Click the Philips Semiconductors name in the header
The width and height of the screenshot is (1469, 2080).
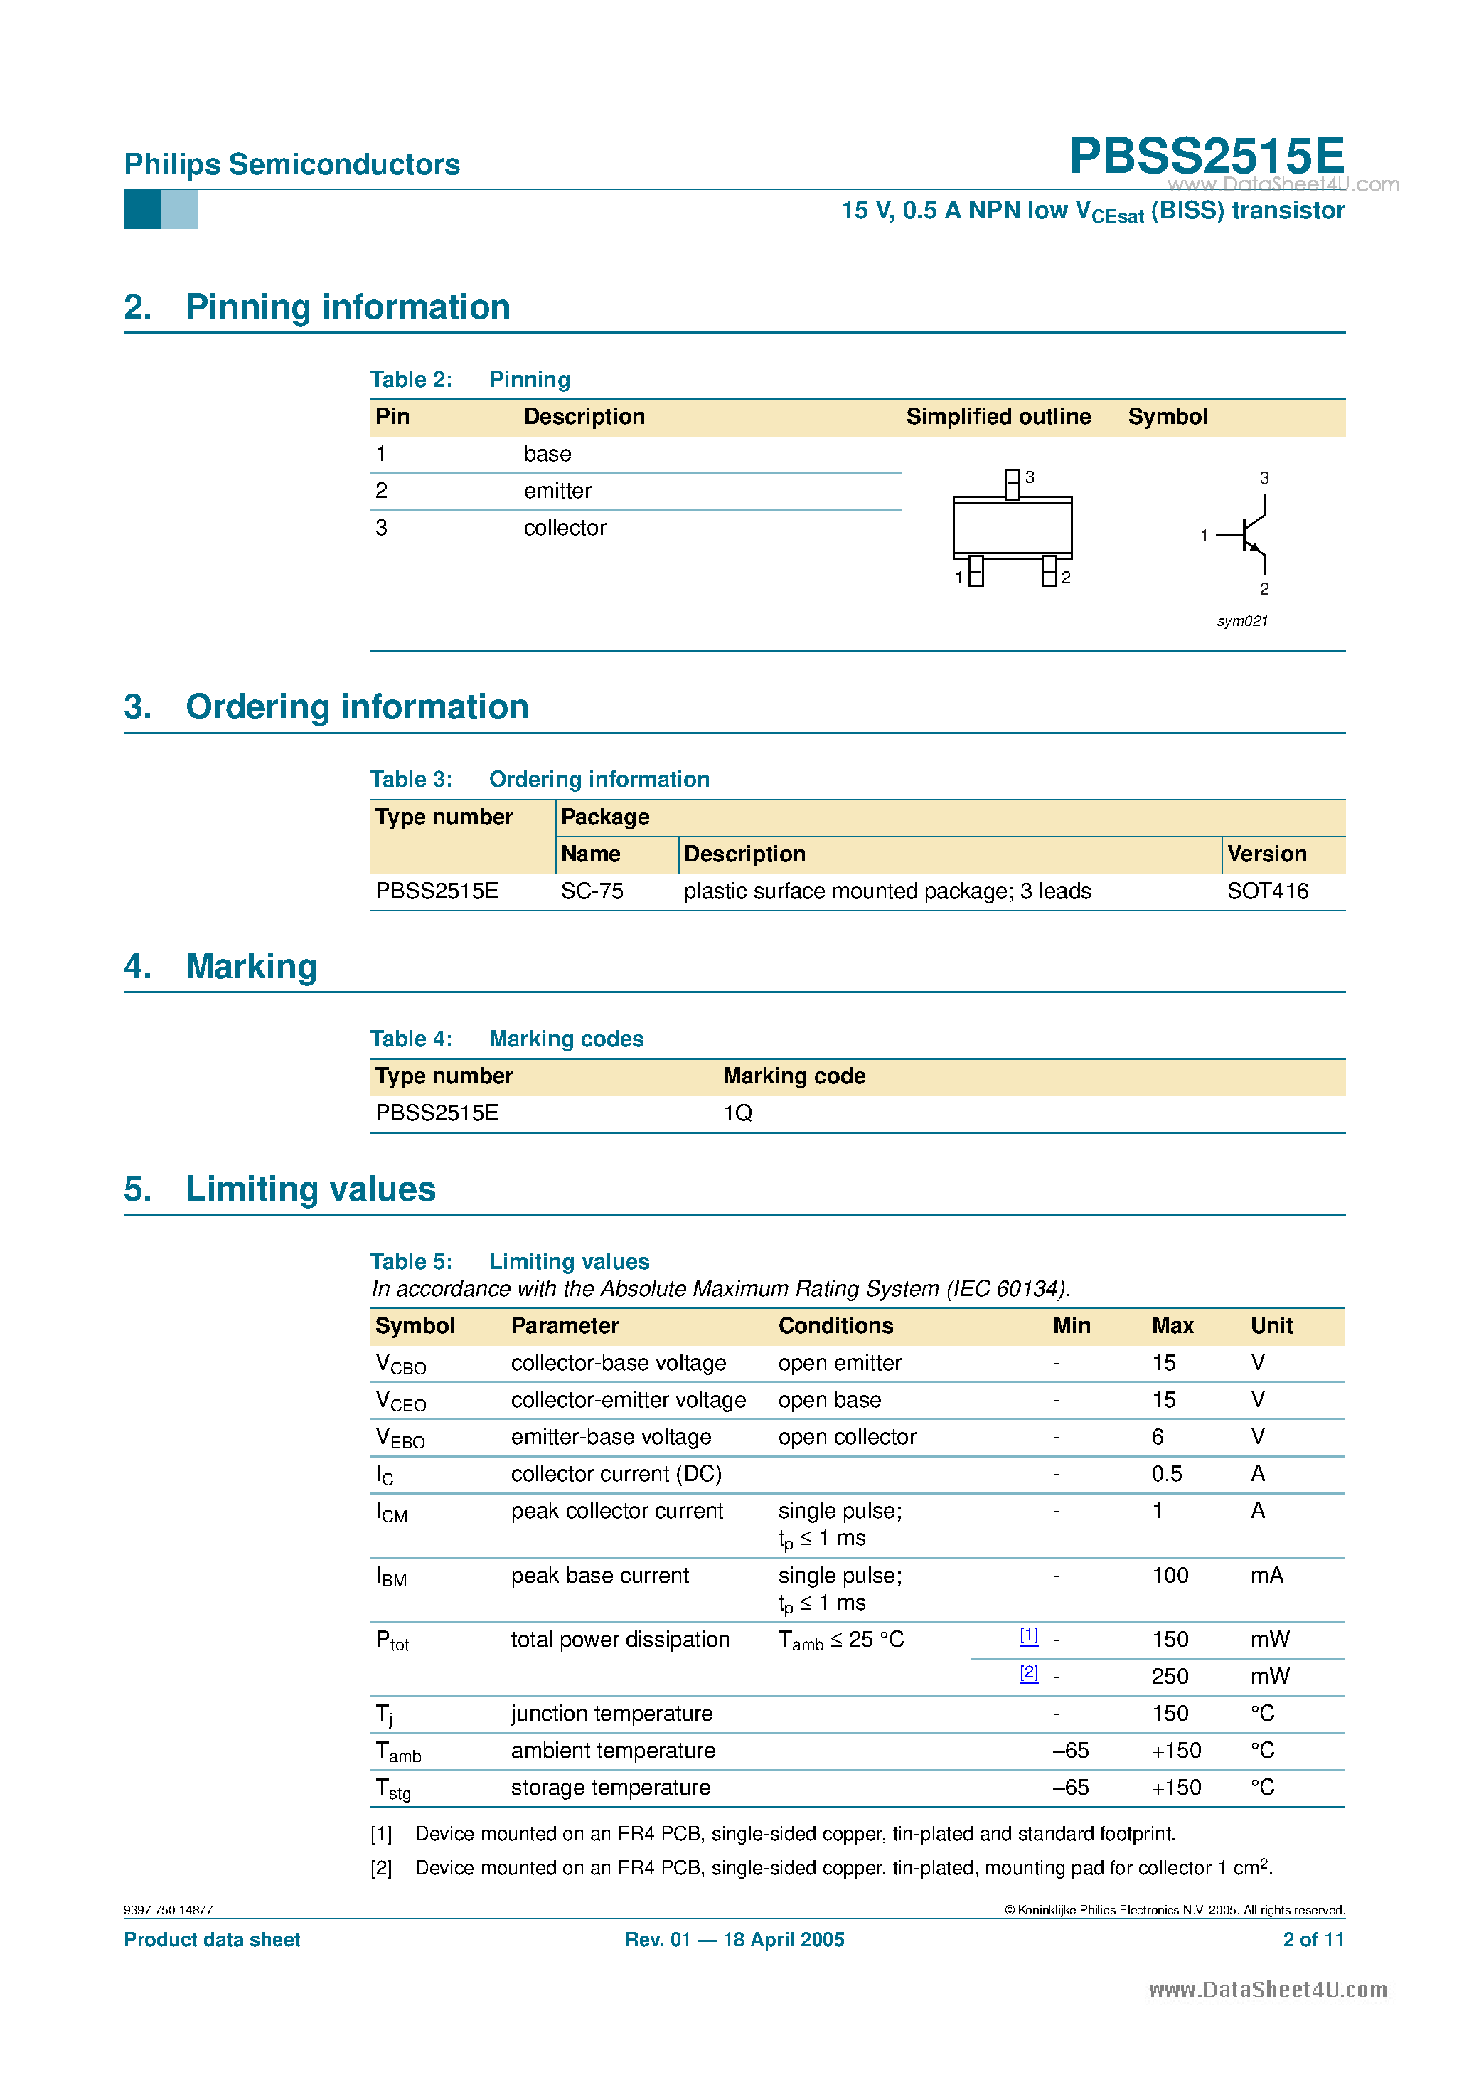tap(292, 165)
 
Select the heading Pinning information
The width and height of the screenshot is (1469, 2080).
tap(348, 307)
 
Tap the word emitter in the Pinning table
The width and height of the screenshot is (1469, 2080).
tap(557, 491)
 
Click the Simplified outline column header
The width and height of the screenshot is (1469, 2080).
tap(998, 417)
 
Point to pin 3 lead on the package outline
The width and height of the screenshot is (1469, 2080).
tap(1012, 484)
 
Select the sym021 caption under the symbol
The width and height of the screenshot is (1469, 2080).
tap(1241, 622)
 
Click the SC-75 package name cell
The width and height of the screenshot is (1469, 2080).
tap(592, 891)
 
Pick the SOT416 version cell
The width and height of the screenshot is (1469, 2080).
tap(1267, 891)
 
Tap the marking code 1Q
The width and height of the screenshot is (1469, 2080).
tap(737, 1113)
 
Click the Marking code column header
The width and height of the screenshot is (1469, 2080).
tap(794, 1076)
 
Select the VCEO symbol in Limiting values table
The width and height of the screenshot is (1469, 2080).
tap(400, 1401)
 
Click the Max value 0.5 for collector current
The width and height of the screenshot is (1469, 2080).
tap(1167, 1474)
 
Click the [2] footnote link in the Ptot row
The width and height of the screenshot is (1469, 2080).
tap(1028, 1673)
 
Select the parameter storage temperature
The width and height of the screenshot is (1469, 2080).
tap(610, 1788)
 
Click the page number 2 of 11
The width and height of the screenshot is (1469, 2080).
tap(1313, 1940)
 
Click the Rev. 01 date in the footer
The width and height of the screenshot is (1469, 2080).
tap(734, 1940)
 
